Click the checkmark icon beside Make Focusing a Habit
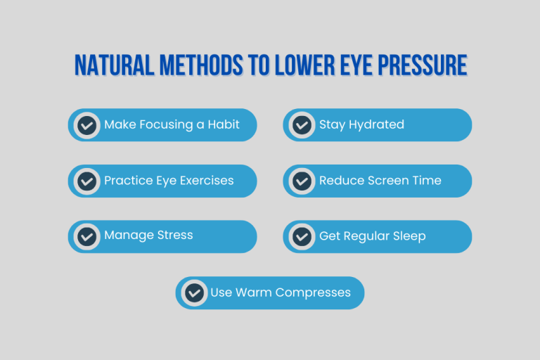click(86, 125)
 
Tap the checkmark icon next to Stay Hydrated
click(302, 125)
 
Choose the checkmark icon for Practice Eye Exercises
click(86, 181)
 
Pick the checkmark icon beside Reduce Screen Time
click(302, 181)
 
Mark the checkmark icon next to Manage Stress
click(86, 236)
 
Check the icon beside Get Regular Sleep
click(302, 236)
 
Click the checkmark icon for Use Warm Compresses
click(194, 292)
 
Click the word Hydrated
click(376, 124)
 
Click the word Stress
click(175, 236)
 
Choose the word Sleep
click(409, 236)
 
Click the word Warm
click(254, 292)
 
